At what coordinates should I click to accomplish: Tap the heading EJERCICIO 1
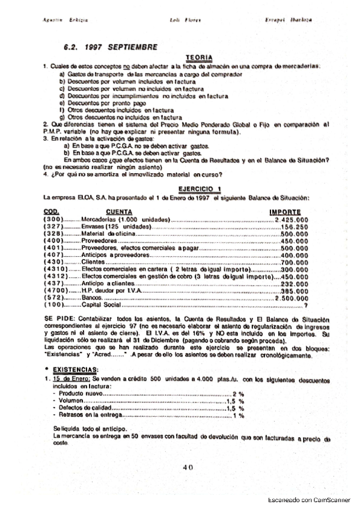(x=198, y=188)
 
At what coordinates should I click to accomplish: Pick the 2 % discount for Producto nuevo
(x=238, y=392)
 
